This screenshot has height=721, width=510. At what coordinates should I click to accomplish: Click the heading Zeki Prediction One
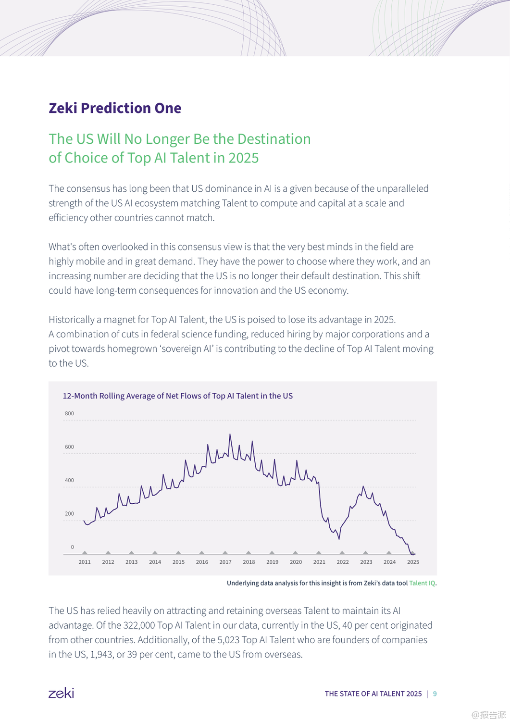[x=115, y=108]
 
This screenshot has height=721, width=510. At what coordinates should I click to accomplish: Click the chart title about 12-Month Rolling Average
[x=177, y=396]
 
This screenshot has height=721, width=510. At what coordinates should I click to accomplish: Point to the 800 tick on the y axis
[x=69, y=413]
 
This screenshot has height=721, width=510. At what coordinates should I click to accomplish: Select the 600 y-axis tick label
[x=69, y=447]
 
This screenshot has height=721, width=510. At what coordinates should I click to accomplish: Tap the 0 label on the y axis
[x=72, y=547]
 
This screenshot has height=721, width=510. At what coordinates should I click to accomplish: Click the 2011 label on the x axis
[x=85, y=562]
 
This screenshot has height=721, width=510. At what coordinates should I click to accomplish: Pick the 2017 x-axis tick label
[x=225, y=562]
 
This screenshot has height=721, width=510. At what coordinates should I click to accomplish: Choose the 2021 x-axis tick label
[x=319, y=562]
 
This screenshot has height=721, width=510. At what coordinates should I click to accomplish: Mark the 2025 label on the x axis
[x=413, y=562]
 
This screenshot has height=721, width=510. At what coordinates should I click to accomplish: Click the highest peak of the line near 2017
[x=230, y=435]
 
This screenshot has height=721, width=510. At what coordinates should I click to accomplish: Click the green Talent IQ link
[x=422, y=583]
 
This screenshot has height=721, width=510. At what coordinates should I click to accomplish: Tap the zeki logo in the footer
[x=61, y=693]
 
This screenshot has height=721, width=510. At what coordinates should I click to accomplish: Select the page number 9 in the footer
[x=435, y=694]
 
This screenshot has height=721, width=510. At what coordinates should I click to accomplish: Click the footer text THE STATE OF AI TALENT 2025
[x=373, y=694]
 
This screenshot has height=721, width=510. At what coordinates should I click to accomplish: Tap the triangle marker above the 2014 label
[x=155, y=553]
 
